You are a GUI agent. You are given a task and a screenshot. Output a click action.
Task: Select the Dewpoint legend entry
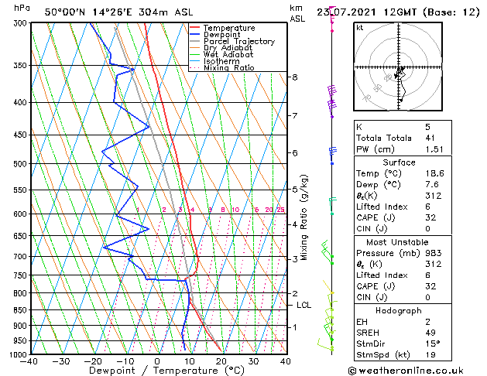(225, 35)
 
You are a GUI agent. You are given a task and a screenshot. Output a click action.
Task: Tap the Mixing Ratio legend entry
(229, 68)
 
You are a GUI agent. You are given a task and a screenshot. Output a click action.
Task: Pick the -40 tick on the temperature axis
(30, 361)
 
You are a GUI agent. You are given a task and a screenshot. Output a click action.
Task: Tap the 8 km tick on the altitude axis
(294, 77)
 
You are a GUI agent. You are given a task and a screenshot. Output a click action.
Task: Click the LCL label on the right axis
(304, 306)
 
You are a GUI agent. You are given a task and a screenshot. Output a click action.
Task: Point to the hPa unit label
(22, 8)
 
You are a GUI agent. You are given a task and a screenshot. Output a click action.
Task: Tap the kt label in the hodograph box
(360, 28)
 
